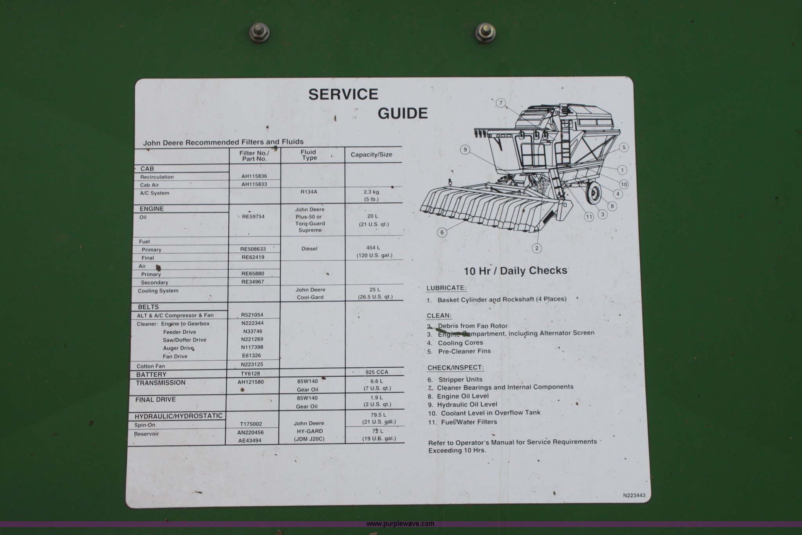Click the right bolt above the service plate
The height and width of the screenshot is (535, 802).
pyautogui.click(x=485, y=32)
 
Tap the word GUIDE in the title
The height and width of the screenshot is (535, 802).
pyautogui.click(x=403, y=113)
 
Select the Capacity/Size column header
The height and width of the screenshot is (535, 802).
pyautogui.click(x=371, y=154)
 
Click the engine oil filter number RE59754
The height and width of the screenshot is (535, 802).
pyautogui.click(x=253, y=216)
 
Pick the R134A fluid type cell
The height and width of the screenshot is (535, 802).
pyautogui.click(x=309, y=192)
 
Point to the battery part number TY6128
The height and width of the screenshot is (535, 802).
pyautogui.click(x=251, y=374)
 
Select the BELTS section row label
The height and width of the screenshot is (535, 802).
pyautogui.click(x=148, y=307)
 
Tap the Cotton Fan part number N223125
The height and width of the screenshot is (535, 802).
pyautogui.click(x=252, y=365)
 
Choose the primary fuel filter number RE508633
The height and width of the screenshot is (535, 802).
pyautogui.click(x=253, y=249)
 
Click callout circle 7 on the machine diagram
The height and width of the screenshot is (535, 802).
pyautogui.click(x=501, y=103)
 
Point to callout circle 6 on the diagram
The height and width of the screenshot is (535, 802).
pyautogui.click(x=442, y=232)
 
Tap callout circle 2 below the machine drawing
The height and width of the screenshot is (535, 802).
pyautogui.click(x=537, y=248)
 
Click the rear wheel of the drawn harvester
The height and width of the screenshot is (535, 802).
pyautogui.click(x=594, y=193)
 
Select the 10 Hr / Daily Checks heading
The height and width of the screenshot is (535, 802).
pyautogui.click(x=516, y=271)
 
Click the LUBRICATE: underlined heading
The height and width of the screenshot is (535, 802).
pyautogui.click(x=446, y=288)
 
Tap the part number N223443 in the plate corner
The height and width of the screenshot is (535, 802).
pyautogui.click(x=634, y=495)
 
